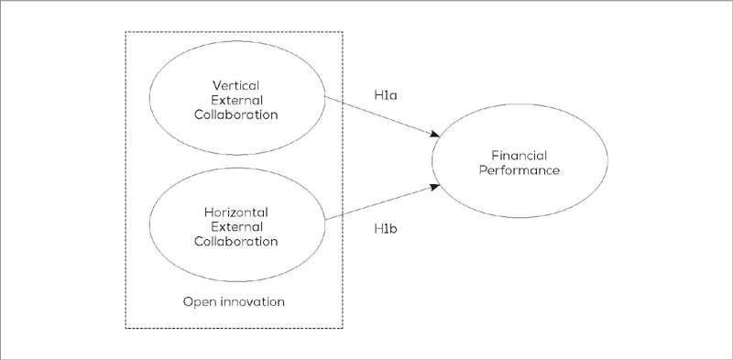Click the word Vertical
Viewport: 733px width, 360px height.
pos(238,85)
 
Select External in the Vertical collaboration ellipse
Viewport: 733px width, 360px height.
pos(238,101)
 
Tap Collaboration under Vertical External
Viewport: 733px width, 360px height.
pos(238,115)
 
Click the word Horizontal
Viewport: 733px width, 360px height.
pos(238,212)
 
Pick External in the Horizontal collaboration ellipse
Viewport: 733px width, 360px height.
pos(238,227)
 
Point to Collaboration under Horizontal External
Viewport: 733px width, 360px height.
pos(238,242)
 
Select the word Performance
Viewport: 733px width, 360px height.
pos(525,171)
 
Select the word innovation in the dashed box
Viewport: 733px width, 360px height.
pos(251,300)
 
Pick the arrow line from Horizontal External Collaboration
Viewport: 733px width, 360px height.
pos(380,204)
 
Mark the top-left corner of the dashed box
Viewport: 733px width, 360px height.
pos(125,32)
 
